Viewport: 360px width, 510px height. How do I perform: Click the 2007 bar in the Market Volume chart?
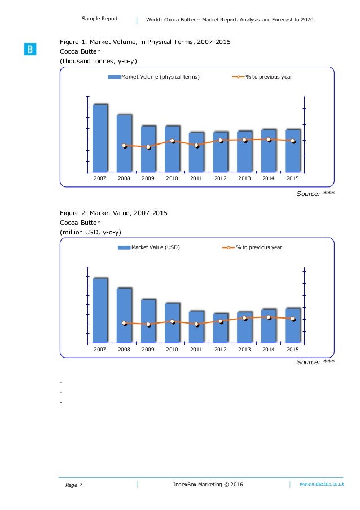100,138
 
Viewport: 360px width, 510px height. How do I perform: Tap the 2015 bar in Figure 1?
292,150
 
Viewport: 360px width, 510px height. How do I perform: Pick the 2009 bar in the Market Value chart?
148,321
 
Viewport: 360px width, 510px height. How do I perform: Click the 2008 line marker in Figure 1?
124,146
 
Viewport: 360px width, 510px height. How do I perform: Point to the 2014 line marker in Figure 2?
269,317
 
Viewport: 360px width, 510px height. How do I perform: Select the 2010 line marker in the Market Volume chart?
172,141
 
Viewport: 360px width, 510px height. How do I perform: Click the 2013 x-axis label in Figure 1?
244,178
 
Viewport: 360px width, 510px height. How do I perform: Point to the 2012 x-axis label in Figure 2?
220,350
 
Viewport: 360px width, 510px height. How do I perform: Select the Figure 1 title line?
145,41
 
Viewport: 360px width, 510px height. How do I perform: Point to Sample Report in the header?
99,19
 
